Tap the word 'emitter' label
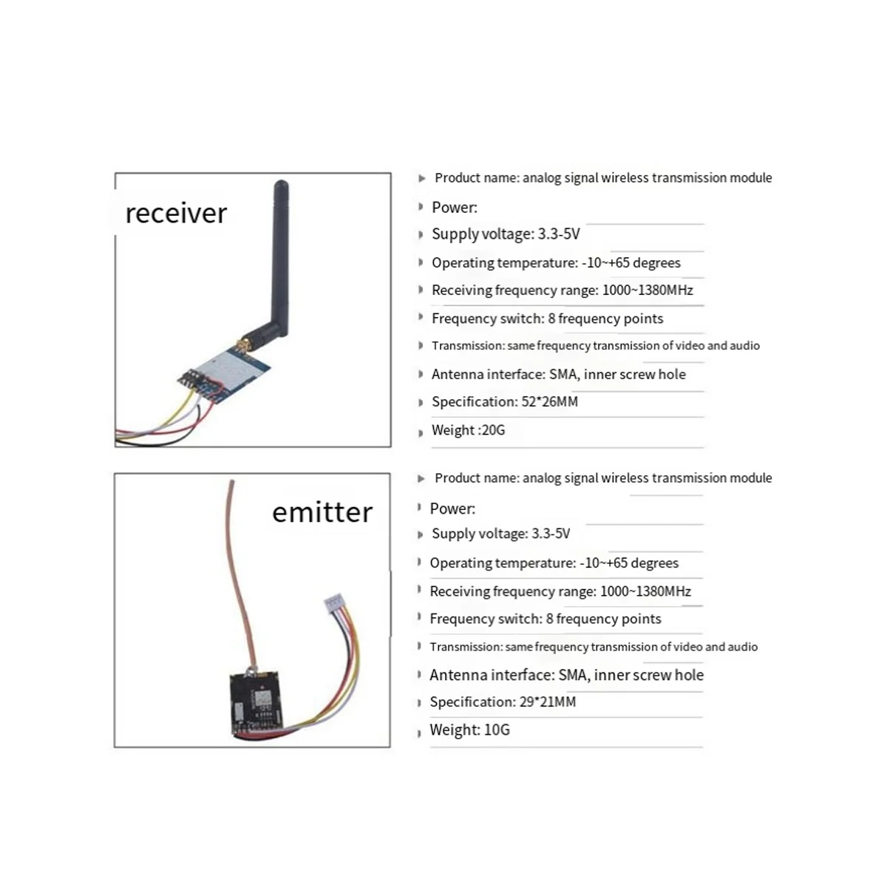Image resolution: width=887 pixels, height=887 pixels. (x=322, y=512)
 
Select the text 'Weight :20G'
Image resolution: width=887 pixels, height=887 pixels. (x=468, y=430)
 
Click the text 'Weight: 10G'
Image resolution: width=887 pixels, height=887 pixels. (x=469, y=730)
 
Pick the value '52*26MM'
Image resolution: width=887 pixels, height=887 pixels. (x=550, y=402)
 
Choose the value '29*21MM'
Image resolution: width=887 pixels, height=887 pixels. (x=548, y=702)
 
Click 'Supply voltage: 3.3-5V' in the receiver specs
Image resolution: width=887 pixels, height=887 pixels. (x=506, y=234)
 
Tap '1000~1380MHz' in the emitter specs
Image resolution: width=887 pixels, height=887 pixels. (x=646, y=591)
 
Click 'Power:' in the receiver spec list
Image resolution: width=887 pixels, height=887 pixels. (x=455, y=208)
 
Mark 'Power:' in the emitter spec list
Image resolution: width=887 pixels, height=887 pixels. (x=452, y=509)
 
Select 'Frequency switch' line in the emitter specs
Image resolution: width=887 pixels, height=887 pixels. (x=546, y=619)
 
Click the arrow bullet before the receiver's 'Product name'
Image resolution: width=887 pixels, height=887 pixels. (x=421, y=179)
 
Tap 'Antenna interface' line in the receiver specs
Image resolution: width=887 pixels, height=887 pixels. (x=558, y=374)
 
